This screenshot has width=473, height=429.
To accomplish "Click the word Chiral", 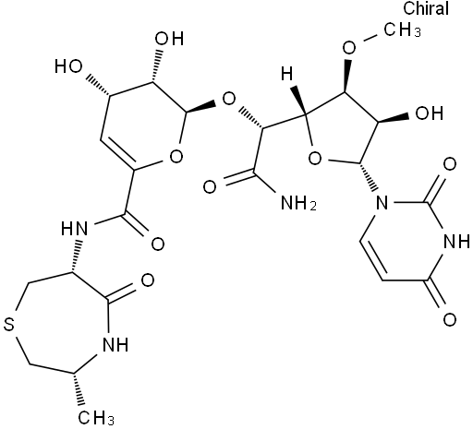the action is click(426, 8).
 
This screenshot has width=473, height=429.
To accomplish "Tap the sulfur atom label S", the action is click(9, 325).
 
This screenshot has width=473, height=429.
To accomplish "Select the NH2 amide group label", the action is click(298, 203).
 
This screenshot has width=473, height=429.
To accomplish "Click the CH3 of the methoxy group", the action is click(402, 30).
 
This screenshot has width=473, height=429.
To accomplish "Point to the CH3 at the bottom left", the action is click(96, 417).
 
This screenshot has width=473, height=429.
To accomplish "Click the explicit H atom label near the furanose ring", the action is click(286, 74).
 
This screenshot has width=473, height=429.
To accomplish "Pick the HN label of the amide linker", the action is click(74, 229).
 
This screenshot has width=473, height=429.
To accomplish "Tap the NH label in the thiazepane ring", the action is click(115, 344).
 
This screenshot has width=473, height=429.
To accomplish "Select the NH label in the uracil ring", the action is click(456, 241).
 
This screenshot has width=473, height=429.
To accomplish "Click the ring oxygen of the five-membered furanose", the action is click(314, 159).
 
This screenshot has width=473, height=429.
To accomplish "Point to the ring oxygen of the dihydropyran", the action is click(176, 156).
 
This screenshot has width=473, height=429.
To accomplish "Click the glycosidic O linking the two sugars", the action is click(228, 100).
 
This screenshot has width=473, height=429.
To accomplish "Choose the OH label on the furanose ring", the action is click(430, 113).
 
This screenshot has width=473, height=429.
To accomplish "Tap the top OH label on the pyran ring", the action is click(169, 39).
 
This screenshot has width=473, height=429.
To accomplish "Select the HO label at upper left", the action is click(68, 66).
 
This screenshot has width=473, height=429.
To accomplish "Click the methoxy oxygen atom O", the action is click(349, 48).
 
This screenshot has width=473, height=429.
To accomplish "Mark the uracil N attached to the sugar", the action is click(382, 203).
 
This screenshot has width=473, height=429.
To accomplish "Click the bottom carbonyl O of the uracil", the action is click(450, 319).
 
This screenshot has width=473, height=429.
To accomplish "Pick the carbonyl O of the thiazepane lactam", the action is click(148, 280).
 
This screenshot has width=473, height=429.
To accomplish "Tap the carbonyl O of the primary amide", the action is click(210, 187).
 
